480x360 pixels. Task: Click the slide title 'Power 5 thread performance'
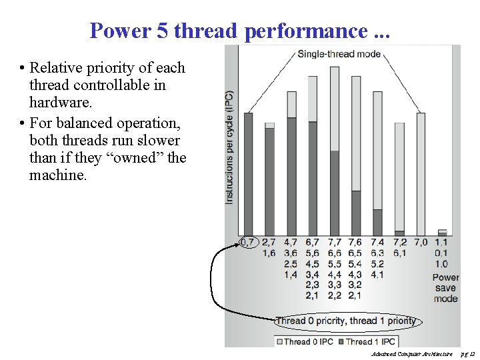[x=240, y=31]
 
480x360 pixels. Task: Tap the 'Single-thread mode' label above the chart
[x=339, y=54]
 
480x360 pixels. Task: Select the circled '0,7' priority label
[x=247, y=242]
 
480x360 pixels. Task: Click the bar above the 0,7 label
[x=248, y=173]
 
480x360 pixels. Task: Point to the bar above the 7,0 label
[x=421, y=173]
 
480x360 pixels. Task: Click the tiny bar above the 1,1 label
[x=442, y=232]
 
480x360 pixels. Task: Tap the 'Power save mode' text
[x=445, y=288]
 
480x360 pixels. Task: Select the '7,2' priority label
[x=399, y=242]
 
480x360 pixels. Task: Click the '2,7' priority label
[x=269, y=242]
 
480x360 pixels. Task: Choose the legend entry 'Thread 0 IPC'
[x=305, y=341]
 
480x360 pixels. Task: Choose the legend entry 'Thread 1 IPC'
[x=367, y=341]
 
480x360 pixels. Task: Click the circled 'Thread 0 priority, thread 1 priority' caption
[x=345, y=321]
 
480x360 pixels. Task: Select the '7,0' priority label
[x=421, y=242]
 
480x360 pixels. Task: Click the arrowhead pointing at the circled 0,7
[x=237, y=245]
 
